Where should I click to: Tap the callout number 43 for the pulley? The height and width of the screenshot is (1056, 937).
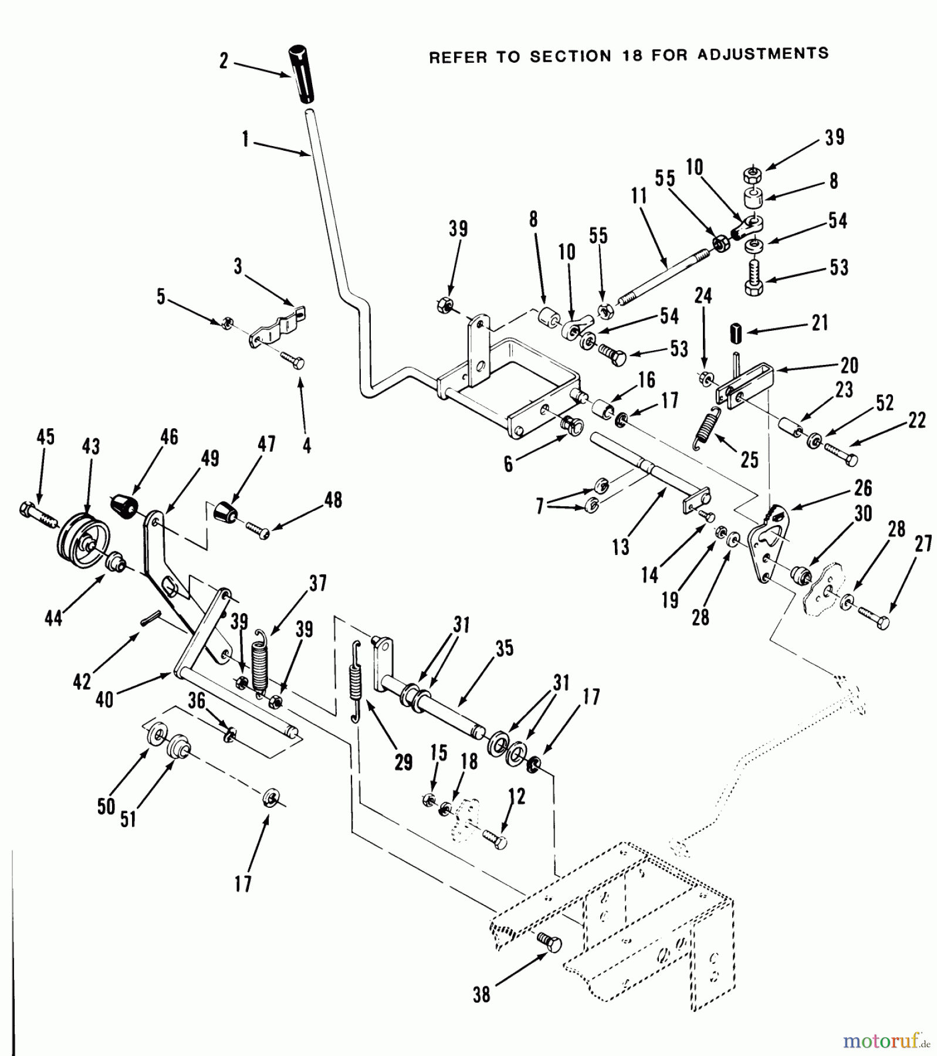tap(91, 446)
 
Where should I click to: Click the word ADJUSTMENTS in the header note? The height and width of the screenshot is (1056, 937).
tap(763, 54)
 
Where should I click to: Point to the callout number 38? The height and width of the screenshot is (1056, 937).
tap(481, 995)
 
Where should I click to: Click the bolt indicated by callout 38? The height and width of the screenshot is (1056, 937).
tap(550, 944)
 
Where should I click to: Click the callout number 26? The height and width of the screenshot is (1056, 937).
tap(863, 488)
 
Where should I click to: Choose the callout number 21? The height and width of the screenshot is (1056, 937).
tap(820, 323)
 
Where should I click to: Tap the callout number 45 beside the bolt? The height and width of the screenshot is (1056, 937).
tap(45, 436)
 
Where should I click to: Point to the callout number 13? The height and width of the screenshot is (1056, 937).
tap(620, 547)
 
